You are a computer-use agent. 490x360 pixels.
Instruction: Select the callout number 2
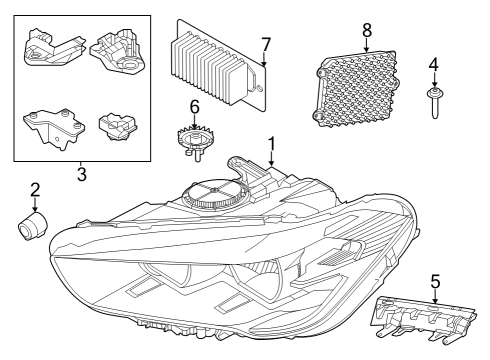click(34, 189)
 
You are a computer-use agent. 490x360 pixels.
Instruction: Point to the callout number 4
click(433, 66)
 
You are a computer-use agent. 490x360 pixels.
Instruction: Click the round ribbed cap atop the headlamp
click(216, 190)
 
